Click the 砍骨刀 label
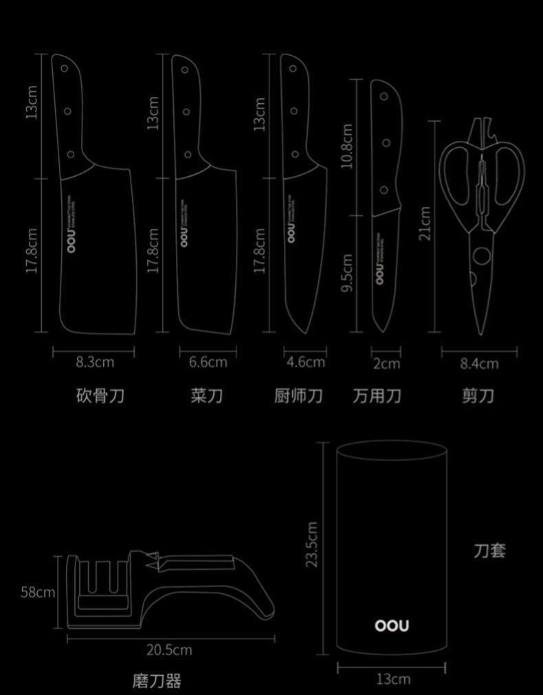(x=100, y=395)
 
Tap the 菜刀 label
(x=207, y=395)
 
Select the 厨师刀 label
(x=298, y=395)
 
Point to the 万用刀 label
(x=377, y=395)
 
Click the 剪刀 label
(x=478, y=395)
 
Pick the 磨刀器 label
(x=157, y=681)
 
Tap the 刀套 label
(x=489, y=550)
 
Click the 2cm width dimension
(x=386, y=363)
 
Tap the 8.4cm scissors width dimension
(x=479, y=363)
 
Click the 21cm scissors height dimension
(x=425, y=223)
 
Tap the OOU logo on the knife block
(x=392, y=626)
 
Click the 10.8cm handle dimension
(x=347, y=146)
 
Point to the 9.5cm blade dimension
(x=347, y=272)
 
